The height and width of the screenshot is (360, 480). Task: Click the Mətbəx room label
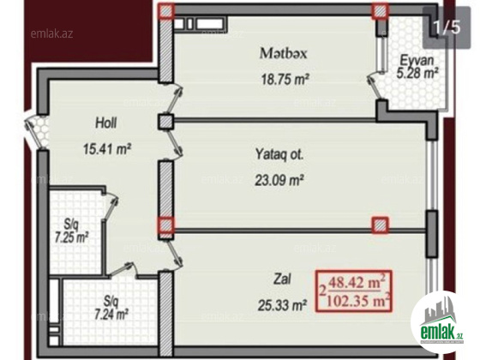pos(283,53)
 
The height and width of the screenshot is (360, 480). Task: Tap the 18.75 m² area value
pos(285,79)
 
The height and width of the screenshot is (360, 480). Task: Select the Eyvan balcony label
pos(417,60)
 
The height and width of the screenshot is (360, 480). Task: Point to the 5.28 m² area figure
pos(417,73)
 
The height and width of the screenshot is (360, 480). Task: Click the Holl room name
pos(106,123)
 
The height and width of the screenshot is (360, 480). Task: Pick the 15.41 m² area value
pos(107,149)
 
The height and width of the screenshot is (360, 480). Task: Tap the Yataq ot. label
pos(279,154)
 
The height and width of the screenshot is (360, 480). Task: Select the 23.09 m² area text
pos(279,180)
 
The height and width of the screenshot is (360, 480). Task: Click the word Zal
pos(282,279)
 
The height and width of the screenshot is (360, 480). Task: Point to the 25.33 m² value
pos(282,305)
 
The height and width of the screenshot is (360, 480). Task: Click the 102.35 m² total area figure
pos(358,301)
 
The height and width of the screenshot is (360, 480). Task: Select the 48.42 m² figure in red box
pos(357,282)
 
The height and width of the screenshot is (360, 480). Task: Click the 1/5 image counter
pos(447,27)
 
